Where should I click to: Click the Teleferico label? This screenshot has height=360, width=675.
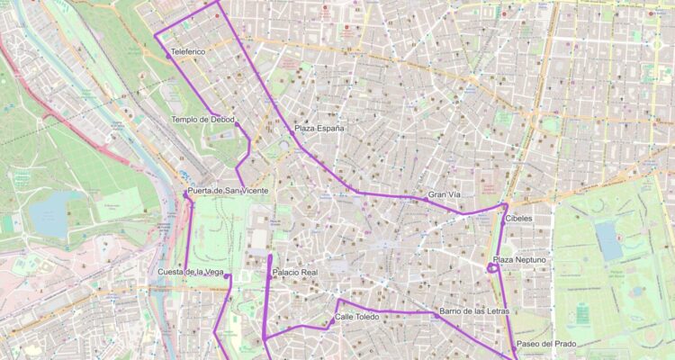(187, 52)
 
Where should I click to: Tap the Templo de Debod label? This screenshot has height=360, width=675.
(202, 119)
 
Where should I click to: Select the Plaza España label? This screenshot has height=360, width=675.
(319, 129)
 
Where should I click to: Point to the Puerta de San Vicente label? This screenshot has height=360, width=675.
(228, 191)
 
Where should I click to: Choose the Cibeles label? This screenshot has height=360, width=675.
(518, 219)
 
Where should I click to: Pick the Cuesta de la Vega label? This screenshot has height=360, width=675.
(190, 272)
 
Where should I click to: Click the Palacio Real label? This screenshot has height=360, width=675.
(295, 272)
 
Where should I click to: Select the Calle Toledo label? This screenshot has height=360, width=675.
(357, 317)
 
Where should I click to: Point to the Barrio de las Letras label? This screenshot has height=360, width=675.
(474, 311)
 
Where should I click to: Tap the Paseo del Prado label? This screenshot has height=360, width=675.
(546, 344)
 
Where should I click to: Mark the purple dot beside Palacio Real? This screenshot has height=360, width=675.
(268, 276)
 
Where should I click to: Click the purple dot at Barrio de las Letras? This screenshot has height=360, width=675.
(436, 315)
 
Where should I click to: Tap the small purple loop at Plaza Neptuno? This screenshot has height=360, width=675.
(491, 267)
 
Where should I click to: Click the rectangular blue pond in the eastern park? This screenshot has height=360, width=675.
(608, 240)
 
